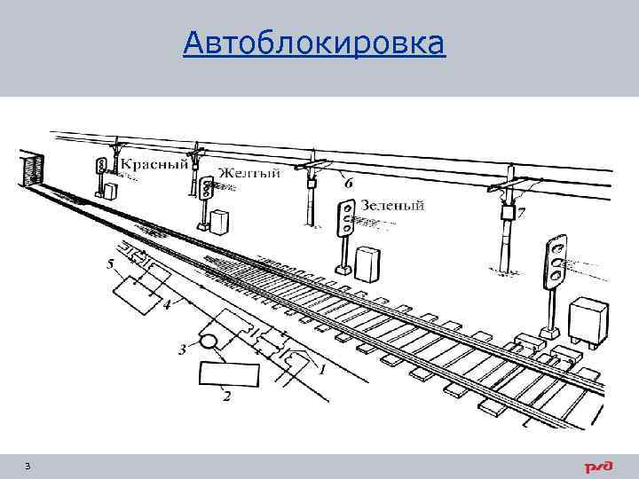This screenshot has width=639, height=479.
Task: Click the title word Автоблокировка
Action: pos(314,43)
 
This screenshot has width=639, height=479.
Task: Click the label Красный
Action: pos(154,164)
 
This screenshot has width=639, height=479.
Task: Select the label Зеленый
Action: pos(391,206)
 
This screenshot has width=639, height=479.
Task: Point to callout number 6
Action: pos(348,184)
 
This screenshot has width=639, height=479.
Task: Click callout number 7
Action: pos(521,213)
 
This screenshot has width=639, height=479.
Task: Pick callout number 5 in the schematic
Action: pos(110,264)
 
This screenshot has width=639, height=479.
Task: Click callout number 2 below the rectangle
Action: pos(227,397)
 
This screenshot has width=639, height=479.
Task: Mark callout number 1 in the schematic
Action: pos(321,367)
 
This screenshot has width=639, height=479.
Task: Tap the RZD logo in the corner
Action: pos(596,467)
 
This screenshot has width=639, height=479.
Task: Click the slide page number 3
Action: pos(28,466)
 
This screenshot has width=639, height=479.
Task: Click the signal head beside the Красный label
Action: pos(101,165)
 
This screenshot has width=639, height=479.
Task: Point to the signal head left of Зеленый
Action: pos(344,218)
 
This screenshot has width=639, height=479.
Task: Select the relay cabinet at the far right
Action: pos(588,323)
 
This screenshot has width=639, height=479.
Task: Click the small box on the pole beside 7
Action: pos(508,213)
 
